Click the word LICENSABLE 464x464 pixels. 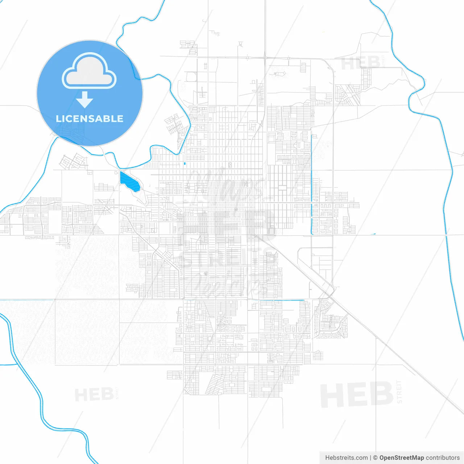(90, 119)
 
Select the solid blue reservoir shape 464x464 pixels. (129, 181)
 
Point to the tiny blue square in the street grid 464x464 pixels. (185, 163)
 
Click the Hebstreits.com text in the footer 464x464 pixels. (346, 458)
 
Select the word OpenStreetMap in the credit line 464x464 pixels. (401, 458)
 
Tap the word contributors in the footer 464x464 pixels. (443, 458)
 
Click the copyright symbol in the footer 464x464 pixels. (375, 458)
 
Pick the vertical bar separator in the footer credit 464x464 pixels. (370, 458)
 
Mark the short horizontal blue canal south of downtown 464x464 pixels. (283, 301)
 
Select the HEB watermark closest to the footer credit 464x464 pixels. (357, 395)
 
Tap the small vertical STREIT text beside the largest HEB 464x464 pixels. (399, 391)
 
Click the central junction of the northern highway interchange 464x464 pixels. (265, 57)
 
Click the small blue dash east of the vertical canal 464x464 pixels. (373, 234)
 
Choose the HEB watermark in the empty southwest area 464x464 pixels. (94, 394)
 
